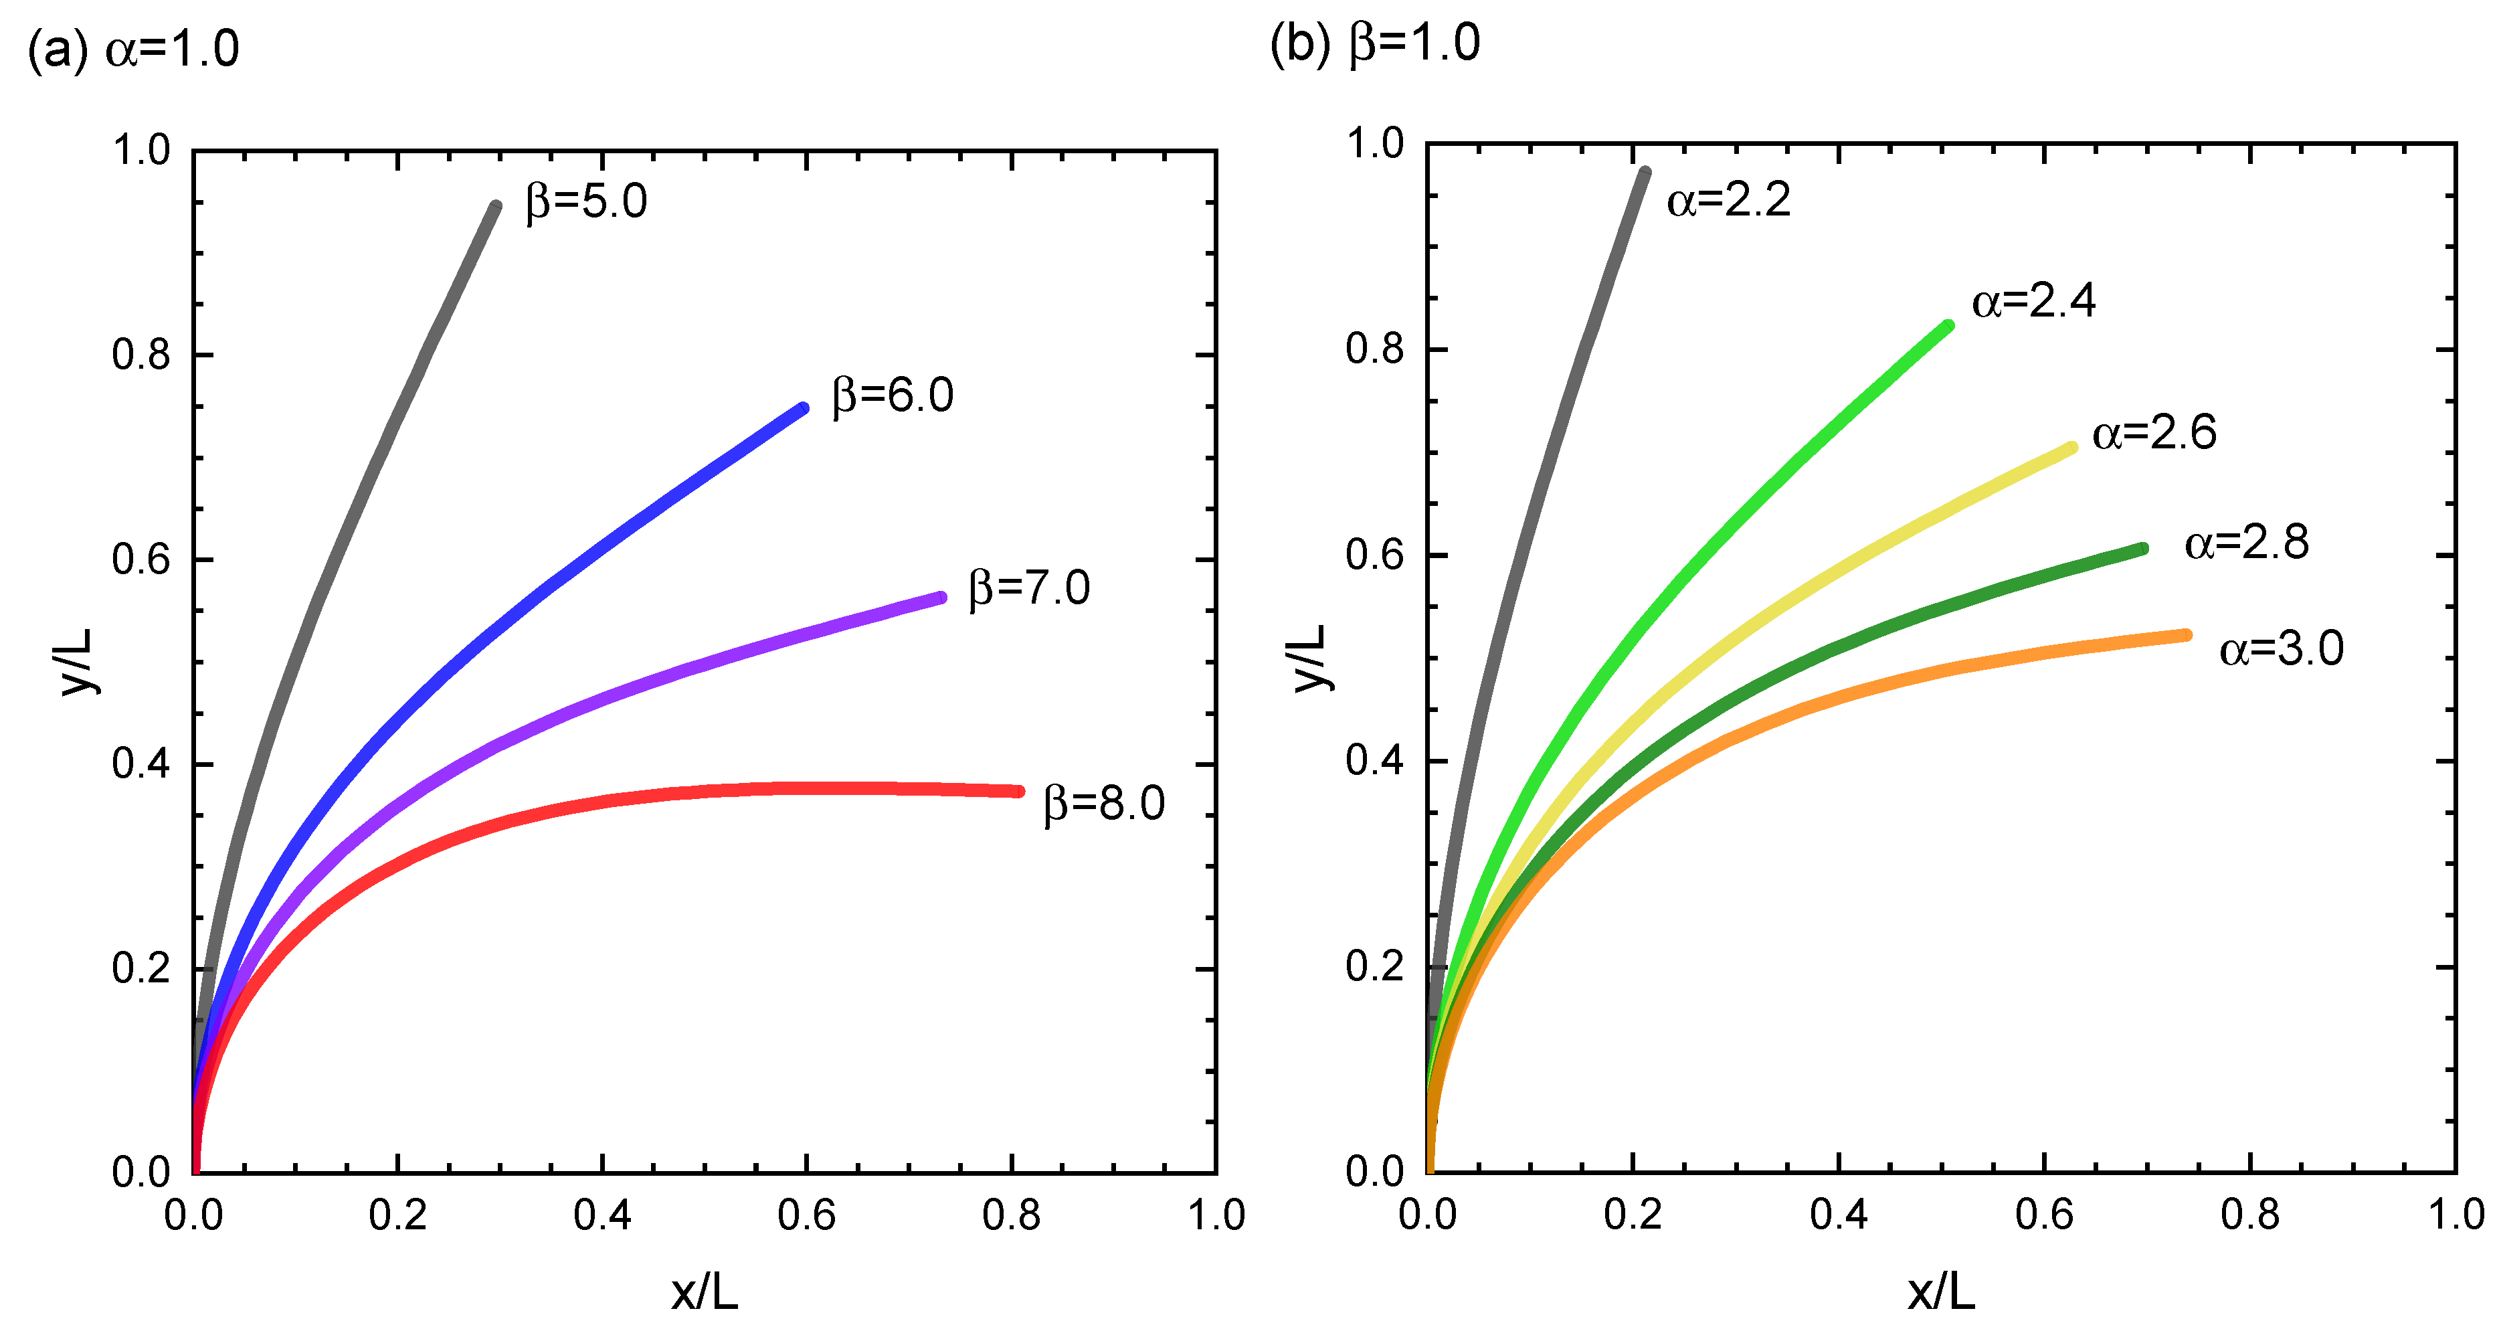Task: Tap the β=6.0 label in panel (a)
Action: click(893, 396)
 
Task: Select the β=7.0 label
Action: click(1030, 588)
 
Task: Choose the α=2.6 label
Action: click(2154, 432)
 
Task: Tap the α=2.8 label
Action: click(2246, 543)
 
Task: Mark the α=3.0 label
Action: click(2281, 648)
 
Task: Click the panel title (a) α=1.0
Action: click(132, 48)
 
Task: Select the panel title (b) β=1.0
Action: click(1374, 43)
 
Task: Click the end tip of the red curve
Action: click(1019, 791)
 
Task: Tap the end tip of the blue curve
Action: click(804, 409)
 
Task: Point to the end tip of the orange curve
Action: click(2187, 635)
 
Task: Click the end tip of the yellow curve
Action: click(2071, 448)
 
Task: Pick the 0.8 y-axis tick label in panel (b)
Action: click(1374, 349)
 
